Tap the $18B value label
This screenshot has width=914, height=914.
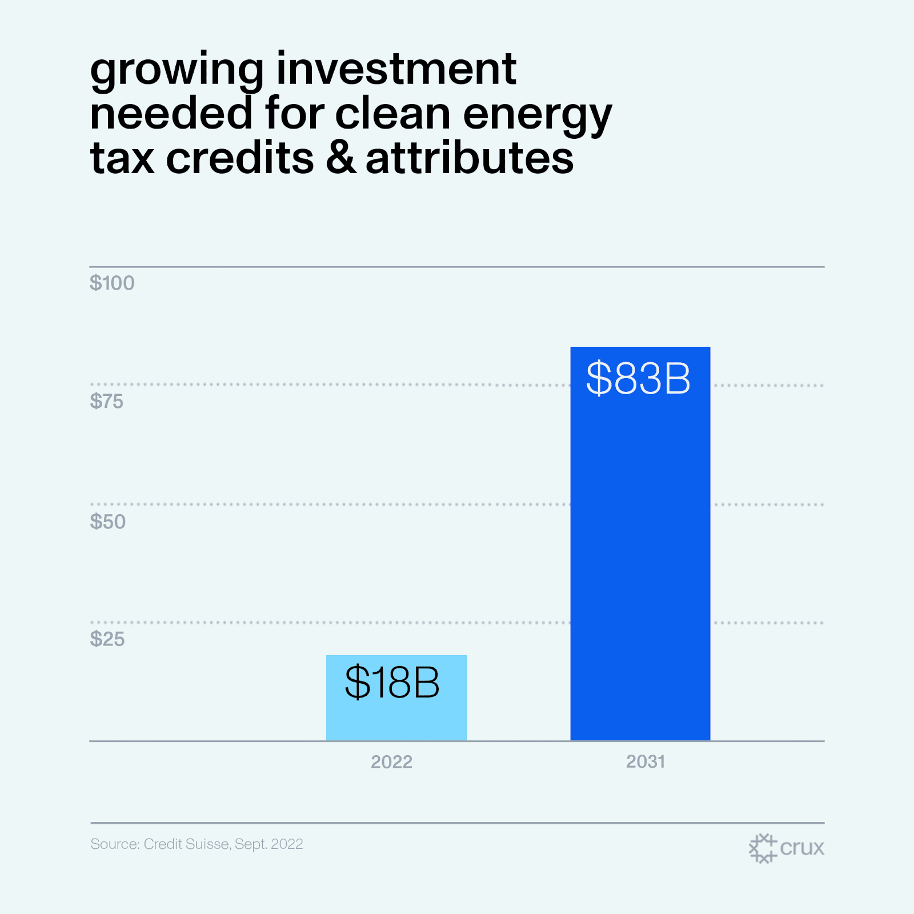click(x=392, y=682)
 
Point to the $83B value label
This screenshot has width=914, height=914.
click(x=638, y=378)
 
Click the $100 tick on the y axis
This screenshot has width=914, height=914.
click(x=112, y=283)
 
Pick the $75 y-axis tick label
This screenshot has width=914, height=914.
click(x=106, y=402)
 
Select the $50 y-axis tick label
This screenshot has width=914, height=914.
click(x=107, y=522)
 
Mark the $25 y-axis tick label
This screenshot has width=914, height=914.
click(x=107, y=639)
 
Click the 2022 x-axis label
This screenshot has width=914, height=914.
click(x=391, y=762)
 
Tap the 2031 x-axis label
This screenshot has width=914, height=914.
click(x=645, y=761)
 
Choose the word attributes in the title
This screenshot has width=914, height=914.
click(x=470, y=158)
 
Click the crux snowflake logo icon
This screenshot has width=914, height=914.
click(x=763, y=848)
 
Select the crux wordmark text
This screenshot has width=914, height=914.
click(x=802, y=848)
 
